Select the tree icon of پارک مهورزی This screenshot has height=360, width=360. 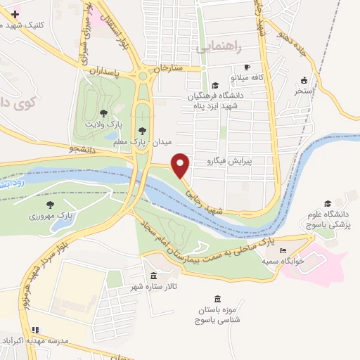click(49, 204)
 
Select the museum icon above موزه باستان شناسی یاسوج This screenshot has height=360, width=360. click(217, 298)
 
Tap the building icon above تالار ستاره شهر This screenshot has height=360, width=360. click(154, 274)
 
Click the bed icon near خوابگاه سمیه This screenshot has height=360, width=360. click(283, 251)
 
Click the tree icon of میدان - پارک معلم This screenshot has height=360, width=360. click(143, 129)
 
